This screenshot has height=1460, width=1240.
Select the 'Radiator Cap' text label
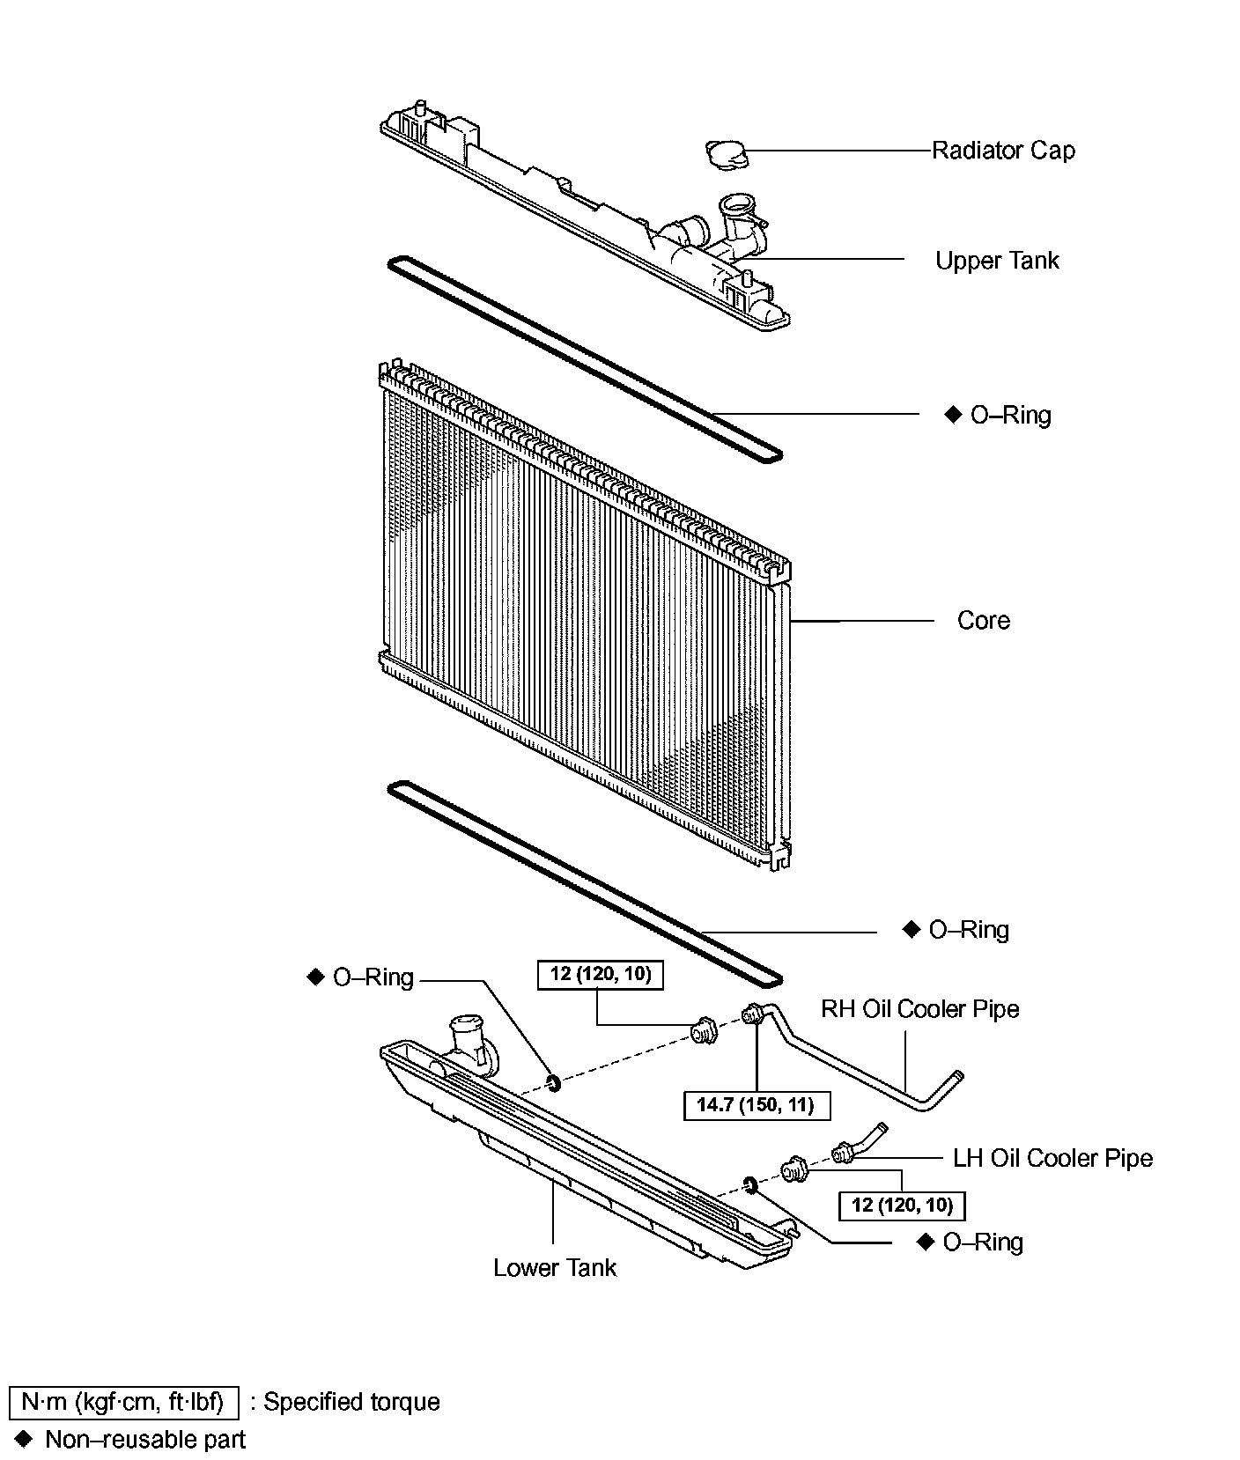(1003, 151)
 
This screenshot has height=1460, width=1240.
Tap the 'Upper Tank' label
(997, 261)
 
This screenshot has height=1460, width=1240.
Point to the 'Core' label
(983, 621)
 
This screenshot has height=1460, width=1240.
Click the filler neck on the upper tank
(734, 212)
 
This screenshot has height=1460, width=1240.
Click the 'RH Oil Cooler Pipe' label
(919, 1009)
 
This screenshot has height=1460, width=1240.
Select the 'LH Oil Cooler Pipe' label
(1052, 1158)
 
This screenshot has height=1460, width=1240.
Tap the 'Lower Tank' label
(555, 1268)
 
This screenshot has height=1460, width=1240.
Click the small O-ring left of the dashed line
(554, 1081)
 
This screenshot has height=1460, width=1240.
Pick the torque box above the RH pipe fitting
(601, 975)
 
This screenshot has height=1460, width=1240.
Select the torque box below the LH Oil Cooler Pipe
(902, 1205)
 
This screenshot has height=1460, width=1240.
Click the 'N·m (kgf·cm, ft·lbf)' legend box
(123, 1402)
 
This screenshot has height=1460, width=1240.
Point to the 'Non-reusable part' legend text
(145, 1440)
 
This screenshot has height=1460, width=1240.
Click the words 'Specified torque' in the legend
(351, 1402)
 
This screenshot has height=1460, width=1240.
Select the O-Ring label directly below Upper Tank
(1009, 415)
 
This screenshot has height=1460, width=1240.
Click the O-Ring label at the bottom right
(982, 1242)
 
